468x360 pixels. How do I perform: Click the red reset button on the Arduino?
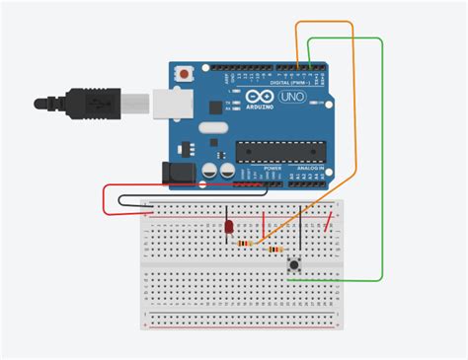183,75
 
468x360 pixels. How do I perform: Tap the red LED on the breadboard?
229,229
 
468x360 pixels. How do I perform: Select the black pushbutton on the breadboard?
293,265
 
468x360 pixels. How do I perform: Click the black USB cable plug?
94,102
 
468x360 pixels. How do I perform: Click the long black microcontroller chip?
277,151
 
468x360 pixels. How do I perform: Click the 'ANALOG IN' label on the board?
305,168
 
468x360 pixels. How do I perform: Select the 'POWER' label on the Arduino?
273,168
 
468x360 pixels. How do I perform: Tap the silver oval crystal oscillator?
213,131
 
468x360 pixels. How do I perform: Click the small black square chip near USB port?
209,104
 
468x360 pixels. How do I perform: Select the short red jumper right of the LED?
264,219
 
